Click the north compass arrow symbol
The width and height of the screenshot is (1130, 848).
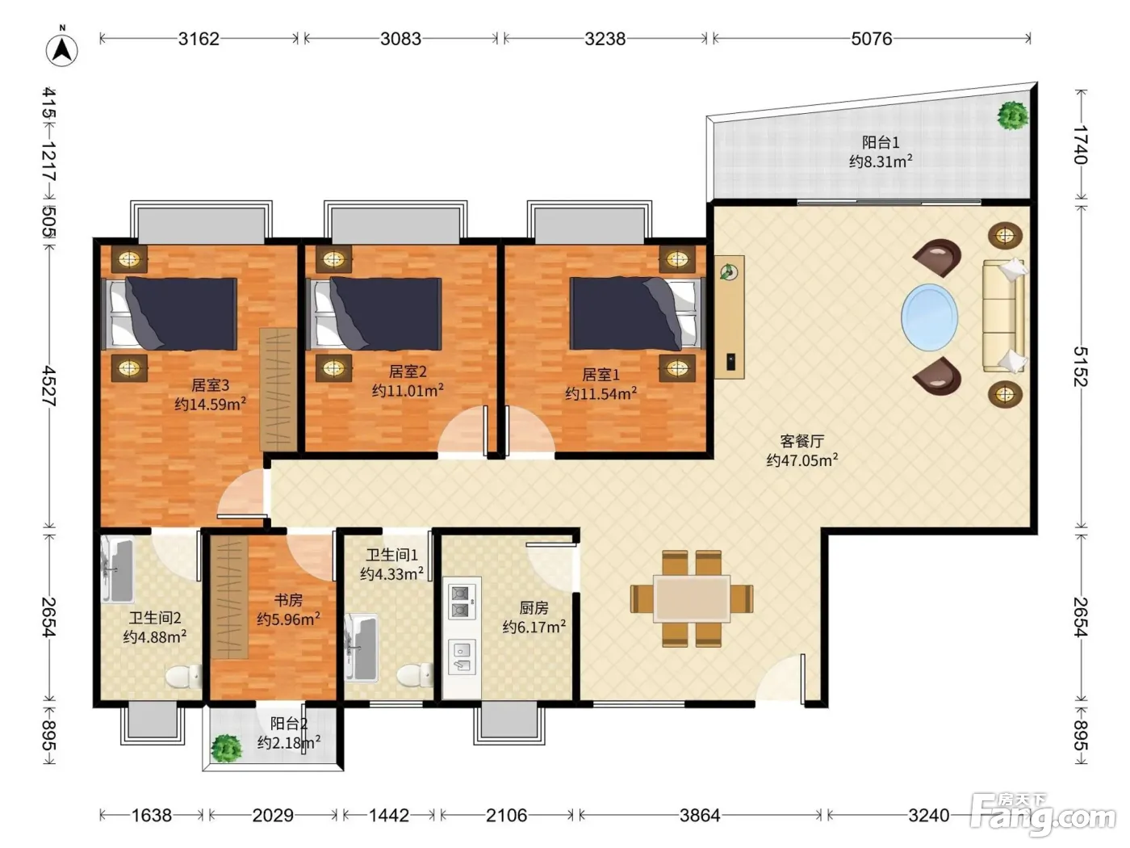point(62,49)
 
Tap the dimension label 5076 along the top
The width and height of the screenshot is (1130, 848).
point(871,39)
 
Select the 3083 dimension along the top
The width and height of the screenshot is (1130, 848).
point(400,39)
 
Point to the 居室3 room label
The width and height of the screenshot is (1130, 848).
point(210,384)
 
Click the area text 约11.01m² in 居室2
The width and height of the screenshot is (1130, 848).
point(408,390)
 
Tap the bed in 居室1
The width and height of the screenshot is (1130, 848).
point(635,313)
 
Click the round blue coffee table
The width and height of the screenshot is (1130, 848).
point(929,317)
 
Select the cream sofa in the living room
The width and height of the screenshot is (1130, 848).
point(1004,315)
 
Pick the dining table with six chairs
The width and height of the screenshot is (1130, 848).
point(692,598)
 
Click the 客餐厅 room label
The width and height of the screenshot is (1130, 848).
point(801,441)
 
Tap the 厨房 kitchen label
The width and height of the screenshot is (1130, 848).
point(534,608)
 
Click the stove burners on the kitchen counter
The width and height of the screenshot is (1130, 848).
point(461,602)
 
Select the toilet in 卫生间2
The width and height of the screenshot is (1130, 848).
point(183,676)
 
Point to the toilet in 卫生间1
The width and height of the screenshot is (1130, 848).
point(416,674)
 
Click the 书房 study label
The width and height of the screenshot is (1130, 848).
point(288,600)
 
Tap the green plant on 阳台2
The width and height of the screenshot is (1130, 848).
point(227,748)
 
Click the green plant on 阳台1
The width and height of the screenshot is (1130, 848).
point(1013,115)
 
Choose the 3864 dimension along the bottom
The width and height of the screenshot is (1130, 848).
point(700,815)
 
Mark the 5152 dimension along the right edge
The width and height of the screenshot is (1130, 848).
point(1081,366)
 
